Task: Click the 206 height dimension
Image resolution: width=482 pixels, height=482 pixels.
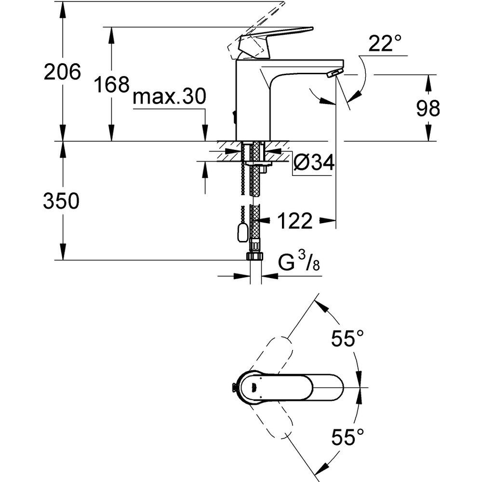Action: coord(61,73)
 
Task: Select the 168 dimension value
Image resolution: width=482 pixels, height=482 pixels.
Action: coord(111,85)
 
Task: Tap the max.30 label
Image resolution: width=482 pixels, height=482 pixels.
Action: coord(169,98)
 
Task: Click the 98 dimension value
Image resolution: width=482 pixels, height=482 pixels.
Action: coord(428,109)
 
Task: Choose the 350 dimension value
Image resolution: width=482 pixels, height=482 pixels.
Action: coord(61,201)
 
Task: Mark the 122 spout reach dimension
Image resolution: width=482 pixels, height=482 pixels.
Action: coord(295,221)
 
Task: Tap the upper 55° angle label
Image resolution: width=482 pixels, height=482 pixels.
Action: coord(347,338)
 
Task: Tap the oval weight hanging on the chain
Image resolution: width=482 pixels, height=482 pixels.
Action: coord(241,234)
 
